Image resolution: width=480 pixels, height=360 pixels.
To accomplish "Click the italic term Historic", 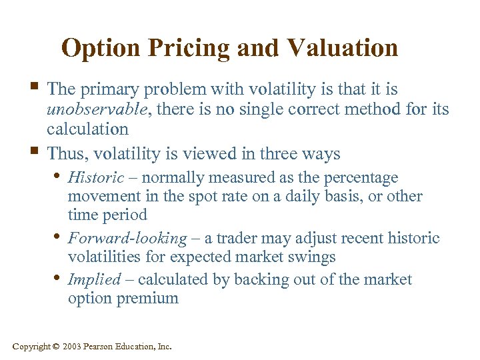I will click(x=96, y=178).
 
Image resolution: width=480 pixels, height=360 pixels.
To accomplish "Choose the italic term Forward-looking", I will click(x=127, y=238).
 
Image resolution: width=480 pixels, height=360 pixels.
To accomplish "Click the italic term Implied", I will click(x=94, y=279).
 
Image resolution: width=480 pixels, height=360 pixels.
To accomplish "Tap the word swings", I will click(x=314, y=257).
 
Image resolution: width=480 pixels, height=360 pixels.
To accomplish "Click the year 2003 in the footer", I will click(x=73, y=346).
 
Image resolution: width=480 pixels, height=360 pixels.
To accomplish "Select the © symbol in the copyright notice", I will click(x=55, y=346).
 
